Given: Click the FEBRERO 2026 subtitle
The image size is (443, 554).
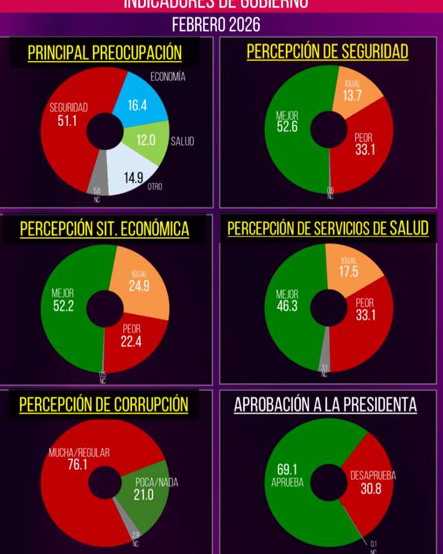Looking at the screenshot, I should (x=216, y=25).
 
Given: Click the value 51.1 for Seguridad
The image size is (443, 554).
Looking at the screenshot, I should (x=67, y=121).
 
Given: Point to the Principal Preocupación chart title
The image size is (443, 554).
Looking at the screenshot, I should (x=105, y=53).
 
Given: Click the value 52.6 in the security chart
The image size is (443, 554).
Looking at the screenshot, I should (x=287, y=127).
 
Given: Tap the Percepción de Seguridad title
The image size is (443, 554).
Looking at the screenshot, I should (x=328, y=51).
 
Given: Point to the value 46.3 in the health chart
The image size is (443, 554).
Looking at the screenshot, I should (x=287, y=305).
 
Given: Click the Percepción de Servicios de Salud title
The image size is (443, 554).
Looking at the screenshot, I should (x=328, y=229).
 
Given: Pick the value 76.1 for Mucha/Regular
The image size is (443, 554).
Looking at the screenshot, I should (x=77, y=464).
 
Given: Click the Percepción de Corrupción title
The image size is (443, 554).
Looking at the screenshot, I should (x=103, y=404).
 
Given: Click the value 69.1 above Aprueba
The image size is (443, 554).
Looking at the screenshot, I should (x=287, y=469).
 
